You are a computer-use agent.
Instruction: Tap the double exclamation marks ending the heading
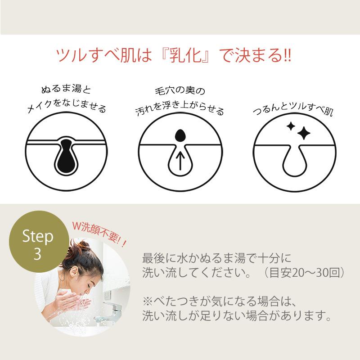(x=286, y=57)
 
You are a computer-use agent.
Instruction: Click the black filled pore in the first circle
(x=67, y=157)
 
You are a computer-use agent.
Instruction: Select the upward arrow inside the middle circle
(x=180, y=160)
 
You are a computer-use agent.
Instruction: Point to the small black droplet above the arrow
(x=180, y=135)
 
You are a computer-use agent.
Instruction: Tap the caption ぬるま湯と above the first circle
(x=66, y=90)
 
